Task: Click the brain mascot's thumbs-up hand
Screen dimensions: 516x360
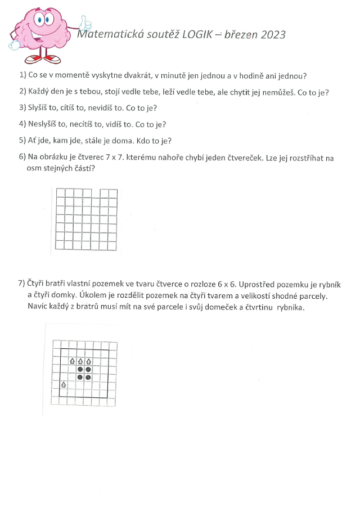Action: [x=85, y=23]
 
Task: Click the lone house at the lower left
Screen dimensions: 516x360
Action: [x=64, y=385]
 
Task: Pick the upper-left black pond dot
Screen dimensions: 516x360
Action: [x=80, y=369]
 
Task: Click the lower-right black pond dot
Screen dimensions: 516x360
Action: [x=88, y=377]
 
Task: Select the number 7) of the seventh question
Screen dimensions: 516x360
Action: [x=21, y=285]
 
